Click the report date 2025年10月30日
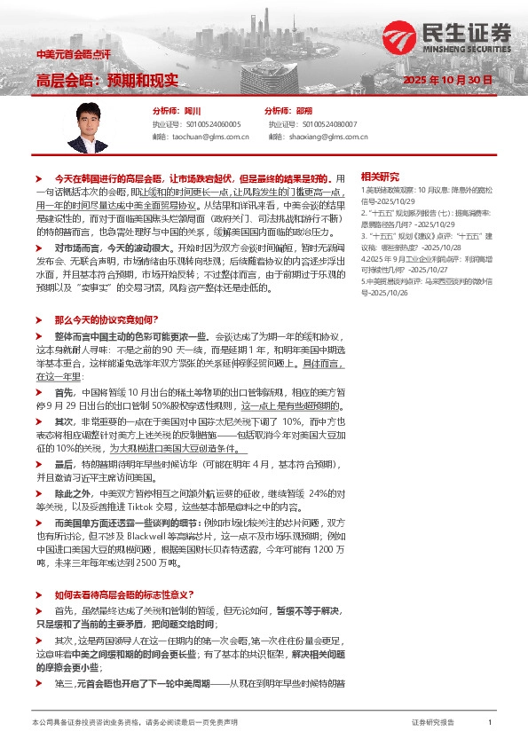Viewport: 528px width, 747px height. (x=447, y=79)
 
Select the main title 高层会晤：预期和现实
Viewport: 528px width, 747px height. (x=106, y=79)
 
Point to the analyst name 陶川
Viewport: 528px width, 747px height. (x=192, y=111)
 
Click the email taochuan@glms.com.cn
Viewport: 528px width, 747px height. (x=209, y=137)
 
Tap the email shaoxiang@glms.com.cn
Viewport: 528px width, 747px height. (x=326, y=137)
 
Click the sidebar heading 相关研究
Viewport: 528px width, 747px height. (x=380, y=177)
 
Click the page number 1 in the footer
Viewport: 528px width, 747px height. (x=490, y=723)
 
